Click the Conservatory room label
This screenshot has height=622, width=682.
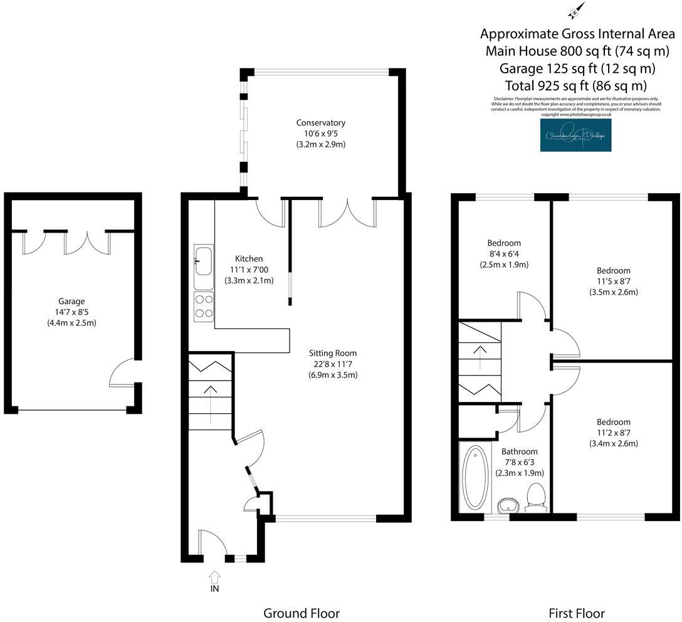pos(321,123)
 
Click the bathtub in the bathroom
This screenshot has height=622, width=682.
pos(474,477)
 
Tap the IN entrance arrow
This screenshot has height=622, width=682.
pos(215,576)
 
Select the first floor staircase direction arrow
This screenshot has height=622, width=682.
pos(481,358)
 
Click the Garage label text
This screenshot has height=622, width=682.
pos(72,302)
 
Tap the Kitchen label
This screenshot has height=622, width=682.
pos(249,258)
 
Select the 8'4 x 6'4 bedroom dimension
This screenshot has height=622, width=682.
pos(504,254)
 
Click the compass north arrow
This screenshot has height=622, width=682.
pos(576,11)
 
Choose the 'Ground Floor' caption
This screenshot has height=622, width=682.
pos(302,613)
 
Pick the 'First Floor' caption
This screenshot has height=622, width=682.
pos(576,613)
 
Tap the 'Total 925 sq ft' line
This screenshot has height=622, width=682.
pos(575,86)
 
